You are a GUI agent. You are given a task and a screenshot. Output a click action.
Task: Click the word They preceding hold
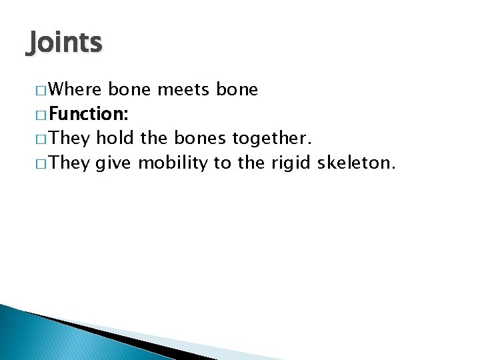(x=69, y=137)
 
